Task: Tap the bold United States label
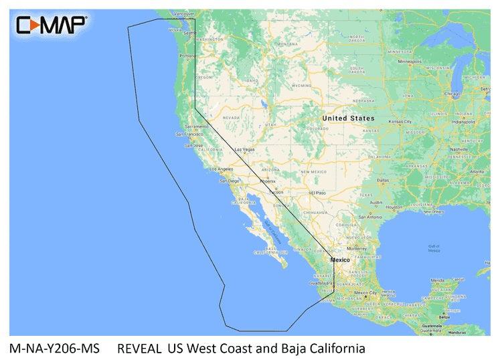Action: tap(348, 118)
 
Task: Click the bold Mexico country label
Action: tap(340, 260)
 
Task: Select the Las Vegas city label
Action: tap(243, 149)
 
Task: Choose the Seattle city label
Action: tap(190, 33)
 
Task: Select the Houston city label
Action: tap(394, 207)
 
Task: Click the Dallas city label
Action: tap(384, 181)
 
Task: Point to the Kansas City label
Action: tap(400, 122)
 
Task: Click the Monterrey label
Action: tap(357, 248)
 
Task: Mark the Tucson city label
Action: tap(276, 192)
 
